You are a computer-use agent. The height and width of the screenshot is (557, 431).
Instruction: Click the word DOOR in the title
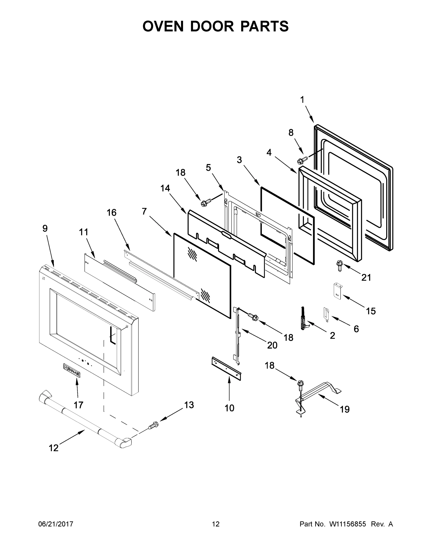pyautogui.click(x=212, y=26)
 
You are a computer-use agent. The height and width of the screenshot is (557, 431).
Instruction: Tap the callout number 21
pyautogui.click(x=366, y=278)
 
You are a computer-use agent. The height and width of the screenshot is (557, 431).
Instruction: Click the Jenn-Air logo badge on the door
pyautogui.click(x=72, y=370)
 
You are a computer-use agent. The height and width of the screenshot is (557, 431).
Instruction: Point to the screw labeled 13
pyautogui.click(x=153, y=425)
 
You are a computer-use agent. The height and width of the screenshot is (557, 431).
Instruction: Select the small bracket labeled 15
pyautogui.click(x=337, y=291)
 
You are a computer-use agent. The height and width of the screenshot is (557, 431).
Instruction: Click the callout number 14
pyautogui.click(x=165, y=188)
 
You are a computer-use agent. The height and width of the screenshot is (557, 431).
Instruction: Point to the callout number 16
pyautogui.click(x=111, y=212)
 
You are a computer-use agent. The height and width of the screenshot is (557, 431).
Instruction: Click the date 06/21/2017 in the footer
pyautogui.click(x=56, y=524)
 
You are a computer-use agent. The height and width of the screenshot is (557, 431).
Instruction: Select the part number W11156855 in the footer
pyautogui.click(x=348, y=524)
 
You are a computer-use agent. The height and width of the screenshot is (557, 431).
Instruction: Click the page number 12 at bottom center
pyautogui.click(x=216, y=524)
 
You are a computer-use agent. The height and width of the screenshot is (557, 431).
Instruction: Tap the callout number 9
pyautogui.click(x=45, y=228)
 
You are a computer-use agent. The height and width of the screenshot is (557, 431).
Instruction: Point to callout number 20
pyautogui.click(x=272, y=345)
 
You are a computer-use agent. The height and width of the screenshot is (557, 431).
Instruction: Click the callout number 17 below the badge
pyautogui.click(x=78, y=405)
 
